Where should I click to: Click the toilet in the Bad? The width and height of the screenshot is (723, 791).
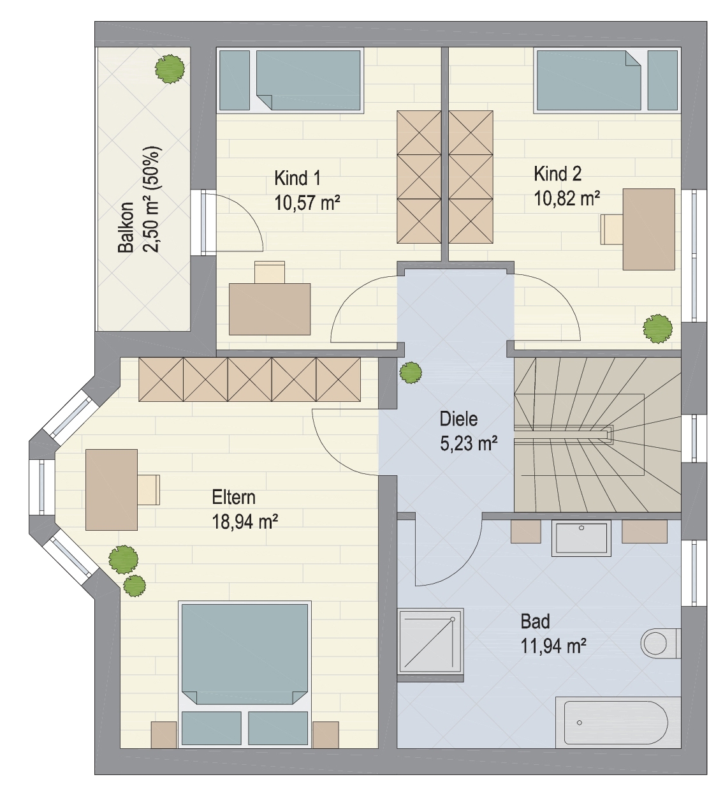tap(661, 644)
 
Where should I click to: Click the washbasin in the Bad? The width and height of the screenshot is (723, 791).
tap(581, 538)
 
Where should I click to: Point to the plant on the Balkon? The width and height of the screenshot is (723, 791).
tap(170, 69)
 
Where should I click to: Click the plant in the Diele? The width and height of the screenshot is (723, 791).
tap(411, 373)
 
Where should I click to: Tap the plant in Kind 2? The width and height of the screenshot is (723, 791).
tap(657, 329)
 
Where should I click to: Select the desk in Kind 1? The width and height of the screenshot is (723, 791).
tap(270, 309)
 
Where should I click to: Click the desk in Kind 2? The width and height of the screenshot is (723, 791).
tap(648, 229)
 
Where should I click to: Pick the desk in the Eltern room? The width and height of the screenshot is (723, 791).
tap(112, 489)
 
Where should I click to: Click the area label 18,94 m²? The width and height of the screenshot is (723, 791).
tap(245, 522)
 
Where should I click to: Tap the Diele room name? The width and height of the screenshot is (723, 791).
tap(458, 418)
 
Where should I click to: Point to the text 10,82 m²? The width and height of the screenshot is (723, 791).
tap(567, 198)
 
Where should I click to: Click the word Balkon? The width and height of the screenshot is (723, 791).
tap(126, 228)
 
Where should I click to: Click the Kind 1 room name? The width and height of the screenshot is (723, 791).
tap(297, 178)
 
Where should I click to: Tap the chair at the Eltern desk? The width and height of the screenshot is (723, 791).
tap(149, 490)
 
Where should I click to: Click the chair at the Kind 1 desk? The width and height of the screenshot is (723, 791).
tap(270, 272)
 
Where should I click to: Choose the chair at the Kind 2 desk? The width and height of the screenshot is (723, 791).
tap(612, 230)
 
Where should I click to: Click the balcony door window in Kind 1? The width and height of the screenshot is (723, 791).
tap(203, 223)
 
